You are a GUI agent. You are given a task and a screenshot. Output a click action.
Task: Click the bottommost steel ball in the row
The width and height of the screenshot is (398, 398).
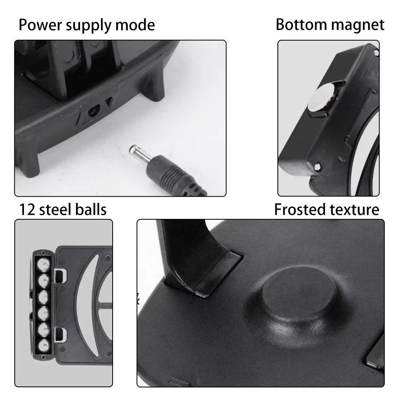click(x=42, y=344)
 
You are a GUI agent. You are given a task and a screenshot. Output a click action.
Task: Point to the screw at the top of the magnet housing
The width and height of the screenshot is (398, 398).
click(x=376, y=51)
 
